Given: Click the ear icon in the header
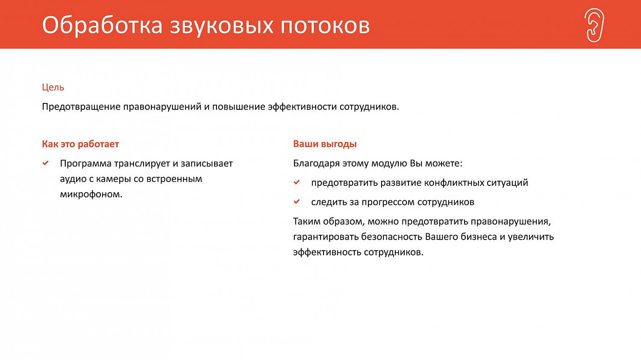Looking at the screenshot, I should [594, 25].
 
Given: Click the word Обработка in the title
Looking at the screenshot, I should [102, 25].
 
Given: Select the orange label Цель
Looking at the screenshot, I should [53, 88].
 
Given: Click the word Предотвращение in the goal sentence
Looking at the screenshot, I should [81, 107].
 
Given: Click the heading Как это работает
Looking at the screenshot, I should [80, 144].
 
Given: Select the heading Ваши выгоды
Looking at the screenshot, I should [325, 144].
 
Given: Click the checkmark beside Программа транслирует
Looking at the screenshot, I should [46, 163].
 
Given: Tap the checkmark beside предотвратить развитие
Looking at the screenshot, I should [297, 182].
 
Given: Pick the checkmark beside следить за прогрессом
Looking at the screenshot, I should [297, 202].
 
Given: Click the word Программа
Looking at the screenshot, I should [85, 164].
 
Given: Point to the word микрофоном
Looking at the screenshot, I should [91, 194].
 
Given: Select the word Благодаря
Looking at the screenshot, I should [316, 164].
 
